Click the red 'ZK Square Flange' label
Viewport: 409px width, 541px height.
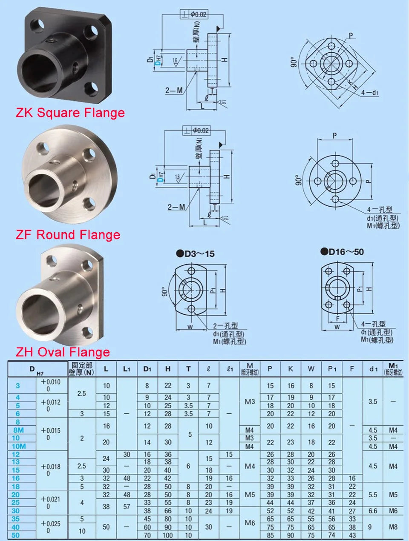[x=70, y=113]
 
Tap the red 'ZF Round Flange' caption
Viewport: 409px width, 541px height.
[x=68, y=235]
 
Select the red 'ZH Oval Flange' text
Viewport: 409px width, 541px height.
[x=63, y=352]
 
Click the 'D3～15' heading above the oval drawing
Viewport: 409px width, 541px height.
[x=195, y=254]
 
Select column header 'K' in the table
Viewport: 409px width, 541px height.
[x=290, y=369]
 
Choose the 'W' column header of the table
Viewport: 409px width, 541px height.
[x=311, y=369]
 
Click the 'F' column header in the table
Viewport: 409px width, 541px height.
[x=352, y=369]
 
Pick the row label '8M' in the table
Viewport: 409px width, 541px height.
[x=18, y=430]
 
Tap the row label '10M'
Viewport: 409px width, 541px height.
[x=18, y=446]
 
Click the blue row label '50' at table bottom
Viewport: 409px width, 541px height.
[x=16, y=535]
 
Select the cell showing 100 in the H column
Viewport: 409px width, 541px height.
[x=167, y=535]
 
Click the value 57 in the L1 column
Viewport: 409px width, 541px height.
[x=127, y=507]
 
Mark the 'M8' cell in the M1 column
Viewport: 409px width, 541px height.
[x=393, y=527]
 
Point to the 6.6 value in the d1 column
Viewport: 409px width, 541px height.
[x=373, y=511]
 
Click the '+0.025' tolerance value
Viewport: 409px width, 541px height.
[x=50, y=523]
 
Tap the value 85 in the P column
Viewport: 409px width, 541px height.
[x=270, y=535]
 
